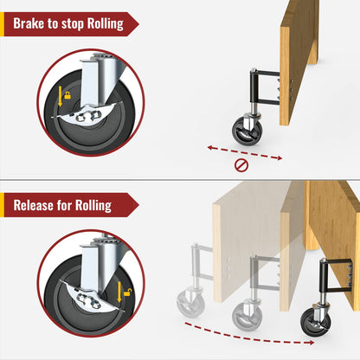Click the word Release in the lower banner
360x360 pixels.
coord(36,205)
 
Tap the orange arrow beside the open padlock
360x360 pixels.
coord(127,305)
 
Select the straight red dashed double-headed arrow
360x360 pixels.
coord(245,151)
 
